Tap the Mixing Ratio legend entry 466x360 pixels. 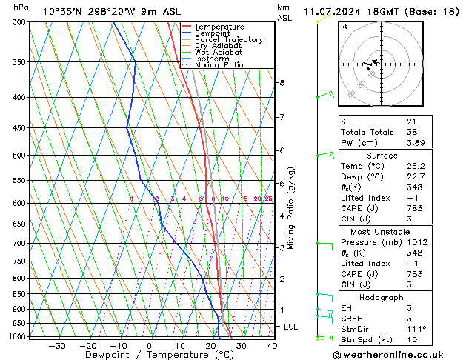pos(219,65)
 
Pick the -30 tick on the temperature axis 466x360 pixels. pos(56,345)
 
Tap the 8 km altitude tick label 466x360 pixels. pos(282,83)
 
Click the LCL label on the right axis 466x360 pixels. pos(291,327)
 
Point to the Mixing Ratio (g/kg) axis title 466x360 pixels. pos(291,208)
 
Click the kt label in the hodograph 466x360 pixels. pos(344,27)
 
